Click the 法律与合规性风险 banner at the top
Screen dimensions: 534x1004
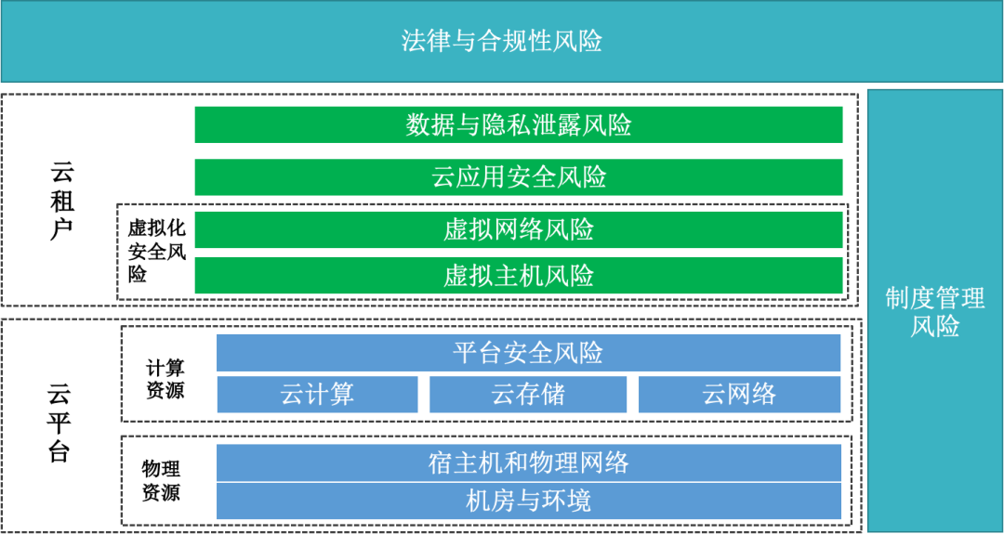pos(502,42)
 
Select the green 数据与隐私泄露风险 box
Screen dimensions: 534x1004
pos(519,124)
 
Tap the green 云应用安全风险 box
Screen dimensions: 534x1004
pos(519,177)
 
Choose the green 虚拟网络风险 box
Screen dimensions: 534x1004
pos(519,229)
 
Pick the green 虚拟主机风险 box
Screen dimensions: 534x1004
pos(519,276)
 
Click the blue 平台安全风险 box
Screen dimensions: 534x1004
pos(528,353)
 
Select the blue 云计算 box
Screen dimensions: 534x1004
pos(317,395)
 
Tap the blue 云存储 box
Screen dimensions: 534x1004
pos(528,395)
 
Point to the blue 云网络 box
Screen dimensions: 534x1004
pos(739,395)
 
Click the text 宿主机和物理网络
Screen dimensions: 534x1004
pos(528,462)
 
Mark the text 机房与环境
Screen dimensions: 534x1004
pos(528,501)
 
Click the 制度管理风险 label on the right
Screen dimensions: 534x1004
pos(934,312)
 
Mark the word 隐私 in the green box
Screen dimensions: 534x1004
pos(507,124)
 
